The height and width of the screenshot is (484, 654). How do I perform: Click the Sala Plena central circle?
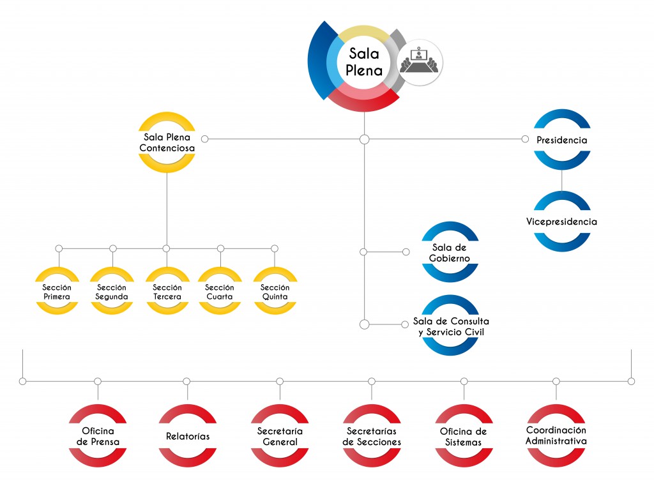[x=364, y=63]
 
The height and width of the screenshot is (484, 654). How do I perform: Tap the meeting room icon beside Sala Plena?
[x=420, y=63]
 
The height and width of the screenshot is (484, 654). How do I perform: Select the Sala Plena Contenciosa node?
[x=167, y=142]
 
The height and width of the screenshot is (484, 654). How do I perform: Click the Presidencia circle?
[x=562, y=140]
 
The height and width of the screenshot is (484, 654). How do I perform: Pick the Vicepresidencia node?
[x=562, y=222]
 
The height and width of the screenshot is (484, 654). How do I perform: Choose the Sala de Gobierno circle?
[x=451, y=253]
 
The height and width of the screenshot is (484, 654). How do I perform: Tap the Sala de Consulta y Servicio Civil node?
[x=451, y=326]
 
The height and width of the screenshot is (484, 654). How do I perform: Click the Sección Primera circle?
[x=57, y=292]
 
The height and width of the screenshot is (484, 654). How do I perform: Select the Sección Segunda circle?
[x=112, y=292]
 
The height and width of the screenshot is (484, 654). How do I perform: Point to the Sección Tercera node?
[x=167, y=292]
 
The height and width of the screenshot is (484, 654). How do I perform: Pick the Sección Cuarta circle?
[x=220, y=292]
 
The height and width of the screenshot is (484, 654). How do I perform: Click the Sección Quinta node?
[x=275, y=292]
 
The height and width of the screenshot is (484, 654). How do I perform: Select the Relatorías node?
[x=187, y=437]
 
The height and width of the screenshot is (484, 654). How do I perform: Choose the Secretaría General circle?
[x=280, y=436]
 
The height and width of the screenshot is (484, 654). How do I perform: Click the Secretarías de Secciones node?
[x=372, y=436]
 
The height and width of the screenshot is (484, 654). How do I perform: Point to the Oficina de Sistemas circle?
[x=464, y=436]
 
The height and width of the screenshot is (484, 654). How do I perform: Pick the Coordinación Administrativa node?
[x=556, y=435]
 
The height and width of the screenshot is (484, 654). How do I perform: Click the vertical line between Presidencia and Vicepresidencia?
[x=562, y=181]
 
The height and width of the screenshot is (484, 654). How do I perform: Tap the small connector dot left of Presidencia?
[x=525, y=139]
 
